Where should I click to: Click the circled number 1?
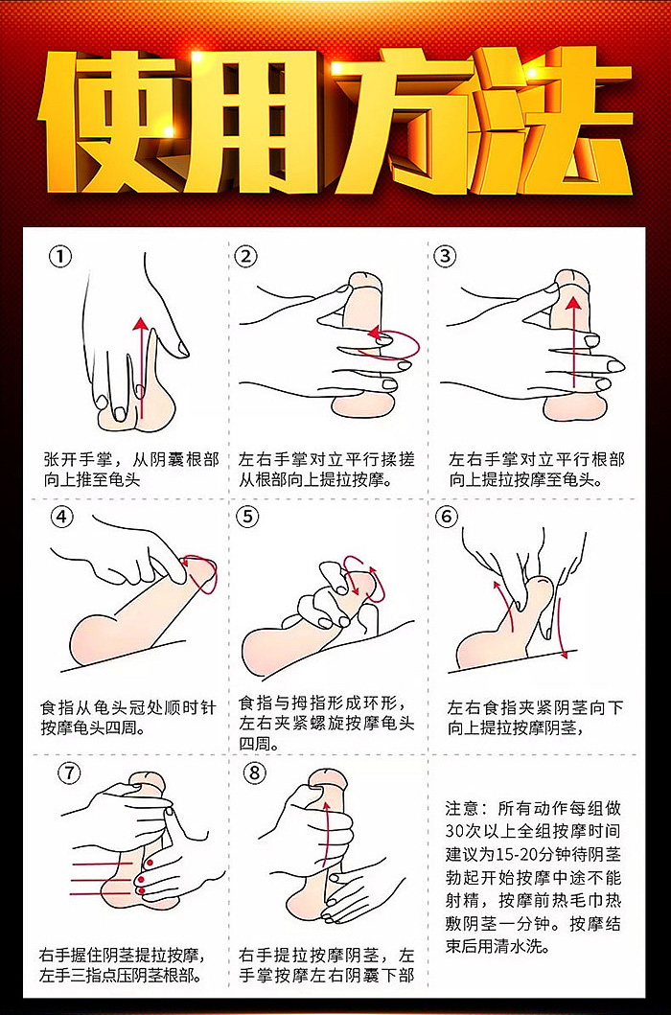click(x=60, y=256)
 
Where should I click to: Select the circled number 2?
click(x=247, y=256)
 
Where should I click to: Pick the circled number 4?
click(x=60, y=517)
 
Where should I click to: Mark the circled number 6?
click(x=446, y=517)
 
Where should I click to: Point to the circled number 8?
click(x=253, y=773)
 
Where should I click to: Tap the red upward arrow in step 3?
click(x=572, y=345)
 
